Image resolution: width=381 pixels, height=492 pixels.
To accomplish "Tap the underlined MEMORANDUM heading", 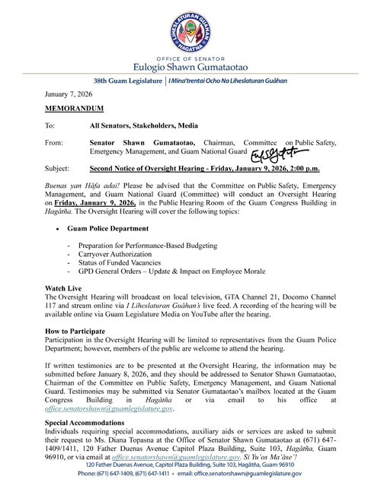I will click(78, 110).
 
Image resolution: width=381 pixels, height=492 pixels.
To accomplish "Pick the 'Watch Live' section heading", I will click(68, 289).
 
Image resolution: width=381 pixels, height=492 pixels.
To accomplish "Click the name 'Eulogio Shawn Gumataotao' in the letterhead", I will click(190, 65).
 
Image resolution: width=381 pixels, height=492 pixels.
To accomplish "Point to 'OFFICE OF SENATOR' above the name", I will click(190, 55).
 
